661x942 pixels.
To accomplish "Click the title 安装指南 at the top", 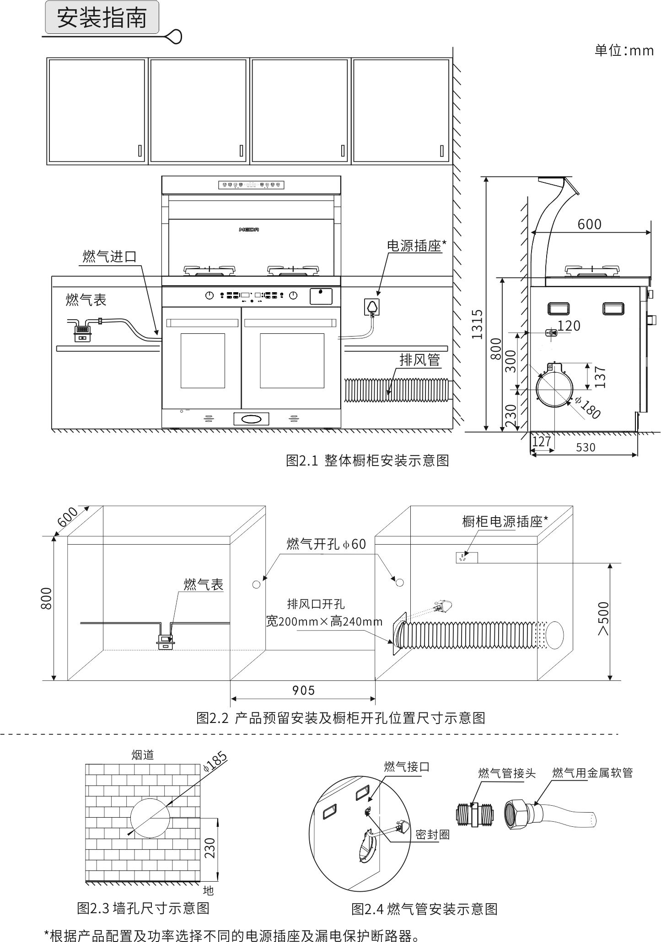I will [102, 18].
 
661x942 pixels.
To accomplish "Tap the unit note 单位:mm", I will [624, 50].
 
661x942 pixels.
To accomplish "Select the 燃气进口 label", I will [109, 256].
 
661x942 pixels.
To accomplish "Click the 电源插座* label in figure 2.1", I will [416, 246].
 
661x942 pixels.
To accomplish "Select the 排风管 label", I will [419, 359].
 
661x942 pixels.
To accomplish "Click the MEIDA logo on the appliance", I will [249, 230].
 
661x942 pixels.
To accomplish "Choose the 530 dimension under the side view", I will [586, 447].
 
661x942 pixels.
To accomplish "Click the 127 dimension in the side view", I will [542, 442].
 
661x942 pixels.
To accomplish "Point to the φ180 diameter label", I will [587, 407].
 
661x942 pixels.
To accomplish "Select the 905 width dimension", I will [303, 690].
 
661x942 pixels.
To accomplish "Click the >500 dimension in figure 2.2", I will [603, 618].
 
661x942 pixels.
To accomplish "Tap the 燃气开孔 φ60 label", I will [326, 544].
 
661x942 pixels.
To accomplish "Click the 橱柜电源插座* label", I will [505, 521].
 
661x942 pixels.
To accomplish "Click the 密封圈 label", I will [432, 835].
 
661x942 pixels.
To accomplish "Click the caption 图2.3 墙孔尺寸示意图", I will [143, 908].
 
